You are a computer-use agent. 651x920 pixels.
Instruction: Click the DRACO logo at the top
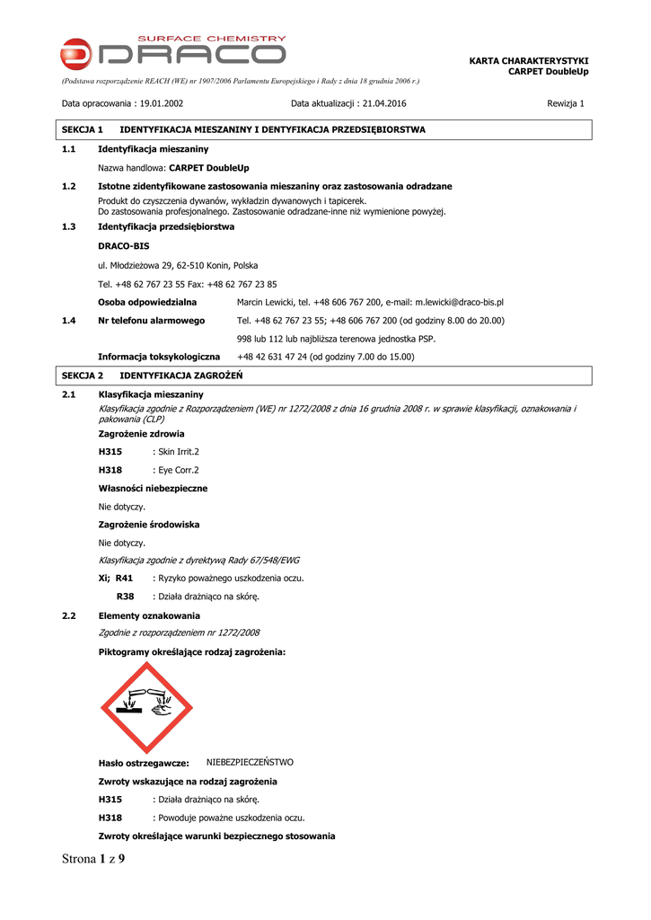[x=173, y=53]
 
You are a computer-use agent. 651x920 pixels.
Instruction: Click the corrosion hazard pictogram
[x=146, y=708]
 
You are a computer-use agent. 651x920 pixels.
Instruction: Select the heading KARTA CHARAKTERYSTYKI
[x=529, y=60]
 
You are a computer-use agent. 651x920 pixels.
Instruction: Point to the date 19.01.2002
[x=162, y=103]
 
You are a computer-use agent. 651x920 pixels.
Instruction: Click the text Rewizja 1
[x=566, y=103]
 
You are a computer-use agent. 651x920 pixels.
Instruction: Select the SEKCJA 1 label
[x=83, y=130]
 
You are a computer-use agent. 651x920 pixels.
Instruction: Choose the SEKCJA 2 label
[x=83, y=375]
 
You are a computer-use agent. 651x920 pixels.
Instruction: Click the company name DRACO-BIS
[x=124, y=245]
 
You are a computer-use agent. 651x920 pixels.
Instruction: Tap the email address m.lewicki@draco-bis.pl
[x=459, y=303]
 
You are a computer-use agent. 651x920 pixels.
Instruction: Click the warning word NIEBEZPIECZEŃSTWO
[x=250, y=762]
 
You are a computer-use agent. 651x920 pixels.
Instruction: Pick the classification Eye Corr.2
[x=178, y=470]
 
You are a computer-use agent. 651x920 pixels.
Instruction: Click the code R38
[x=126, y=596]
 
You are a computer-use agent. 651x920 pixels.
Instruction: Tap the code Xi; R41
[x=116, y=578]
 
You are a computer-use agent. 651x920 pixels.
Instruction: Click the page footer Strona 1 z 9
[x=93, y=859]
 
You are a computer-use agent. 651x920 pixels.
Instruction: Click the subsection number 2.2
[x=69, y=615]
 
